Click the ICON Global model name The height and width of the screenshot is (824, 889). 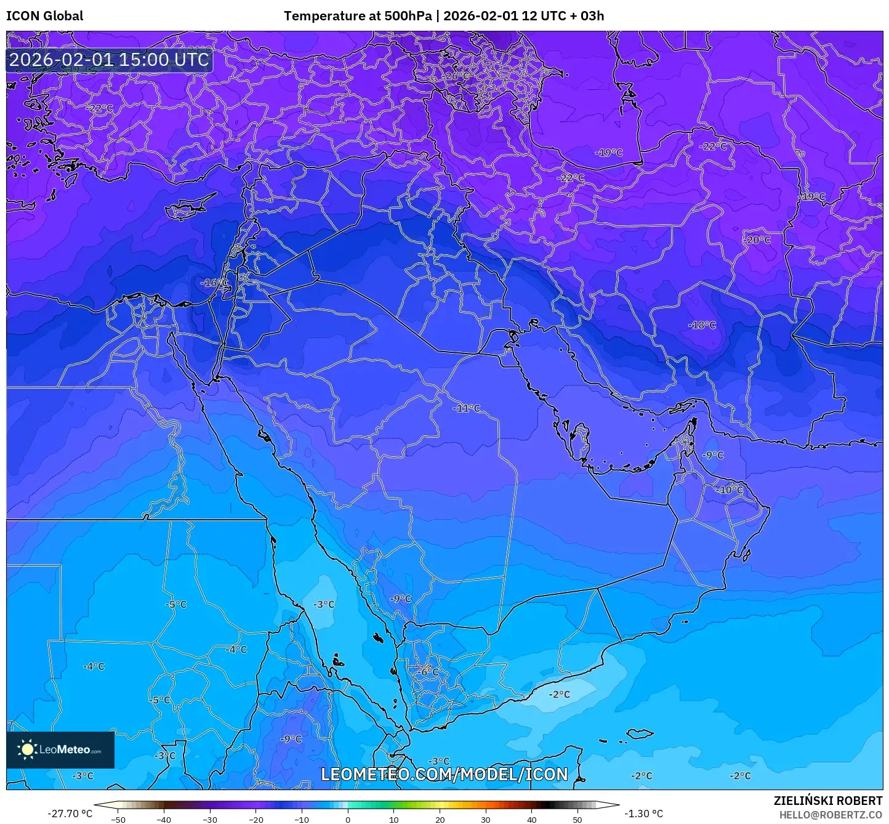click(x=44, y=16)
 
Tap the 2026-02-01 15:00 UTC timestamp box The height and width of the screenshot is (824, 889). click(x=109, y=60)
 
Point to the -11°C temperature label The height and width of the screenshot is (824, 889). click(x=466, y=408)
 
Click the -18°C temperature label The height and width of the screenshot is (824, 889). click(x=702, y=325)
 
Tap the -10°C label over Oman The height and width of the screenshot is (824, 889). click(x=730, y=490)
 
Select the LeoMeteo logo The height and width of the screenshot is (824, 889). click(x=60, y=749)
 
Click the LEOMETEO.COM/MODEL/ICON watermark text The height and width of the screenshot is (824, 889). click(x=444, y=774)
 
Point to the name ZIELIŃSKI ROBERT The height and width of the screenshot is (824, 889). click(x=827, y=801)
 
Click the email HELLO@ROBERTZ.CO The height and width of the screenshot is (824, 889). click(x=831, y=815)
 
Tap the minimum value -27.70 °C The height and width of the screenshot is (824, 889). click(x=70, y=814)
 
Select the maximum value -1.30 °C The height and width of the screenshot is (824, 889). click(x=644, y=814)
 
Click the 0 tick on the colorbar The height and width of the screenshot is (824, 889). click(x=348, y=819)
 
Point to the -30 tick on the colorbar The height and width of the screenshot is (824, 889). click(x=210, y=819)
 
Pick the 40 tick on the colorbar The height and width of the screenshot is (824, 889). click(x=531, y=819)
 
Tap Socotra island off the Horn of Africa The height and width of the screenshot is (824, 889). click(x=640, y=734)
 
